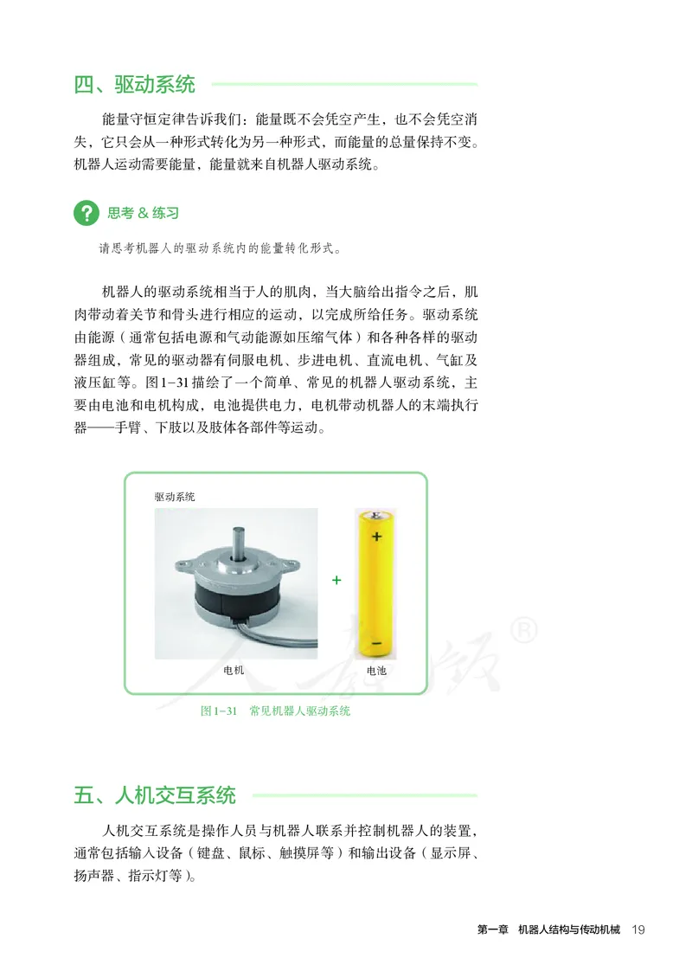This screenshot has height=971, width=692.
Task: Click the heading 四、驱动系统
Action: click(x=135, y=85)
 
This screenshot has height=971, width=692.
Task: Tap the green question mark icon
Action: click(x=86, y=213)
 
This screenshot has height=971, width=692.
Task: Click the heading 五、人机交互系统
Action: click(x=155, y=795)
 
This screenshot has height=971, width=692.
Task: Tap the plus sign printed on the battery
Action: click(x=376, y=537)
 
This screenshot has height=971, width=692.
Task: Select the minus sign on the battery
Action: click(x=376, y=644)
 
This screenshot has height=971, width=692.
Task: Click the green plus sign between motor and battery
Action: click(x=336, y=580)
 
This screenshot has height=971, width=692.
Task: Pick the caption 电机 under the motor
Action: click(x=234, y=670)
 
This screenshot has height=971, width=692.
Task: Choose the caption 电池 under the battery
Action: click(x=376, y=670)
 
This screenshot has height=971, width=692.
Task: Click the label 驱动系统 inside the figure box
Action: click(x=175, y=497)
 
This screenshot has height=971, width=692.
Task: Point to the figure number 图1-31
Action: click(x=218, y=711)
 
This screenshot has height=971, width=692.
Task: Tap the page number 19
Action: click(x=639, y=930)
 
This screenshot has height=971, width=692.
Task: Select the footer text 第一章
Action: click(x=492, y=930)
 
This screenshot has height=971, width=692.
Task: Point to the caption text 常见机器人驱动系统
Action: click(x=299, y=711)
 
